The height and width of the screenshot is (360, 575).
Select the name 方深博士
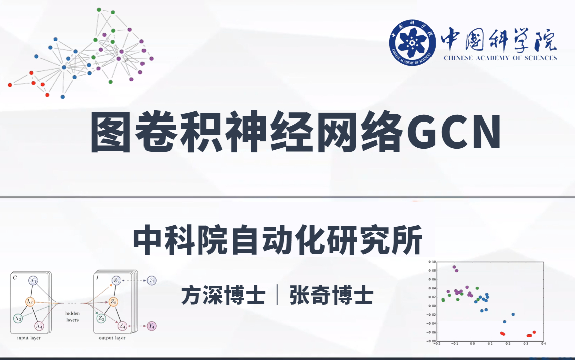coord(223,295)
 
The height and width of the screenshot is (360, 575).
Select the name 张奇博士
coord(331,295)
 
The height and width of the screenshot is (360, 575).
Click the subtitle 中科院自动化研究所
coord(277,241)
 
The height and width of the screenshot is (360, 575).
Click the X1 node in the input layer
coord(33,281)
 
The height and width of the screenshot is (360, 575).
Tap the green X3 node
coord(18,318)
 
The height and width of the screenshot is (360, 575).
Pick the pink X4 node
coord(39,326)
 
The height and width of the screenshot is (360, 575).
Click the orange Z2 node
coord(113,302)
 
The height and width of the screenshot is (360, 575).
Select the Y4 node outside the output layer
coord(152,326)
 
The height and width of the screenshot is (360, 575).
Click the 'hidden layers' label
coord(72,316)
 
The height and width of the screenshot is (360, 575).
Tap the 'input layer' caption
coord(29,338)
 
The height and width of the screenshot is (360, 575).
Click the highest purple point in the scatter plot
coord(454,267)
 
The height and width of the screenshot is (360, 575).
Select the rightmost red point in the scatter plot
coord(534,332)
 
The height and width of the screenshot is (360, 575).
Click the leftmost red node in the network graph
coord(10,85)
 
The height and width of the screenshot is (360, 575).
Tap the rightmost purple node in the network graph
coord(151,59)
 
